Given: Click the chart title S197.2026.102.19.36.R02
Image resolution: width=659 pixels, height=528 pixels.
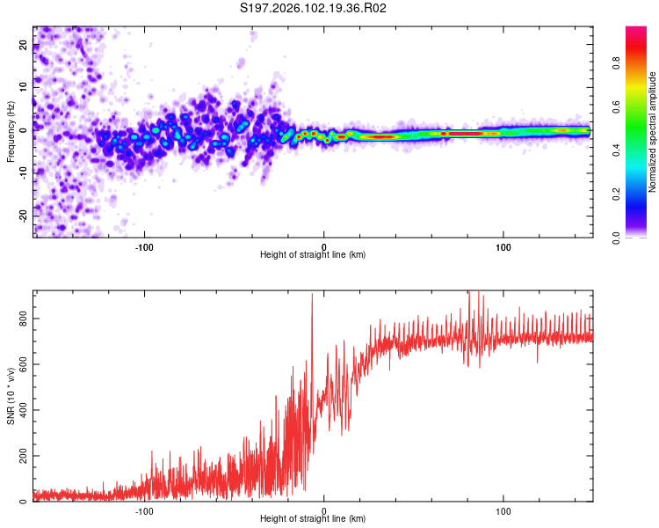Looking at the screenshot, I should click(x=314, y=9).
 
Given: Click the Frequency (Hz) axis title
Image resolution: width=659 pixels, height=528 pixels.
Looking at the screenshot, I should click(x=11, y=131).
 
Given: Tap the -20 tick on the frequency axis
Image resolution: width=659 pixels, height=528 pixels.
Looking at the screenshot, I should click(x=24, y=216).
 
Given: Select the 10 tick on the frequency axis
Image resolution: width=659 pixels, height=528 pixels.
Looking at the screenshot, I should click(x=24, y=88).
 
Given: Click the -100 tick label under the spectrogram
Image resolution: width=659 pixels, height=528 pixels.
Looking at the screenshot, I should click(x=145, y=246).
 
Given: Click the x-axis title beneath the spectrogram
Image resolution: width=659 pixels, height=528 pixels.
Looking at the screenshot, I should click(x=313, y=255).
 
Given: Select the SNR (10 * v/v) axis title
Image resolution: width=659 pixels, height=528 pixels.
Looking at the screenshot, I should click(x=11, y=395).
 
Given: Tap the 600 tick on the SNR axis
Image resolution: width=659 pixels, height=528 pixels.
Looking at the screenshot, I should click(x=24, y=363).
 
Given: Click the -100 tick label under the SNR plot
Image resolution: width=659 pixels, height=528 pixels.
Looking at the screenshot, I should click(x=145, y=510).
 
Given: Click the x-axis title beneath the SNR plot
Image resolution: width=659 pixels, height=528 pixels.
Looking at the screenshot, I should click(x=313, y=520).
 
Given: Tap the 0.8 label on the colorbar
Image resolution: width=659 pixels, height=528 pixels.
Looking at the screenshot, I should click(x=641, y=62).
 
